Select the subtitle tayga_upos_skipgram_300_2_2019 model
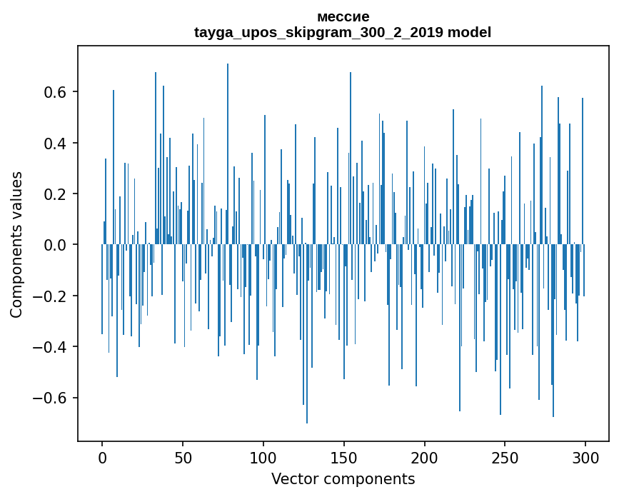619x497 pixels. click(x=343, y=32)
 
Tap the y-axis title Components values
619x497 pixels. click(x=16, y=244)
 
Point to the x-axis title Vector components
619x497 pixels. click(x=343, y=478)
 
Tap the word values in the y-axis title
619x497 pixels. click(x=16, y=196)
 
